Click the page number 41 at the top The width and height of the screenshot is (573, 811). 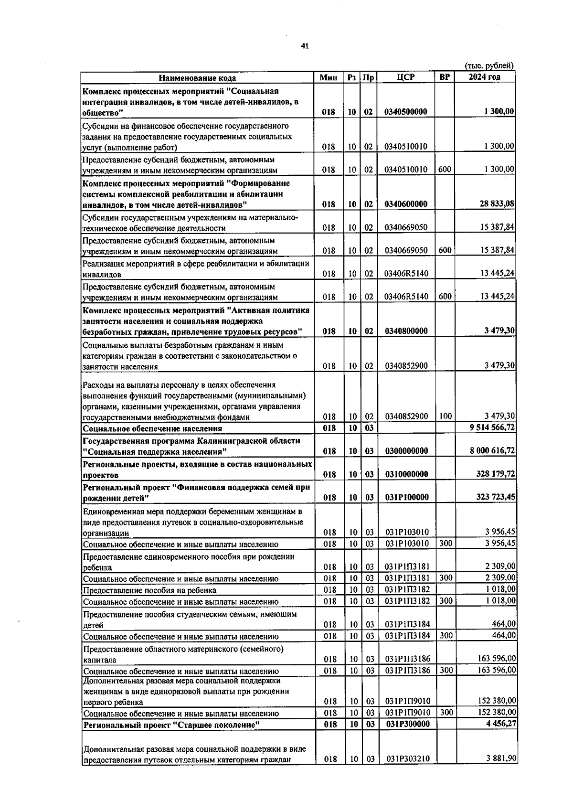tap(305, 46)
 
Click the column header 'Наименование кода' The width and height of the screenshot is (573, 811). tap(197, 78)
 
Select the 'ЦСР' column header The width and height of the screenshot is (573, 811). tap(406, 77)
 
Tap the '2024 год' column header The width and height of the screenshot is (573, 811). tap(485, 77)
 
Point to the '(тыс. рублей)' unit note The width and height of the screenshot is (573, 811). tap(489, 66)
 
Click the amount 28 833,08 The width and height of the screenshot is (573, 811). tap(497, 204)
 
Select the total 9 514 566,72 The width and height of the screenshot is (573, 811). tap(493, 427)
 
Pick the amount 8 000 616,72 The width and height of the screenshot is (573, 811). tap(493, 450)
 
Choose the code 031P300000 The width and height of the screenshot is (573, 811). tap(407, 724)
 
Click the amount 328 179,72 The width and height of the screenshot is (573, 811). tap(496, 474)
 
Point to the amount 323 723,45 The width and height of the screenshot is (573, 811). tap(496, 497)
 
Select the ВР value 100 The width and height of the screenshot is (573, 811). tap(445, 416)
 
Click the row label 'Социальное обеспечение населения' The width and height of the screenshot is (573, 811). tap(153, 428)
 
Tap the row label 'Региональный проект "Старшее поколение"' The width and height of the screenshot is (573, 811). tap(171, 725)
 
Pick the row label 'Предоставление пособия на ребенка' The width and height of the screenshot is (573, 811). tap(149, 590)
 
